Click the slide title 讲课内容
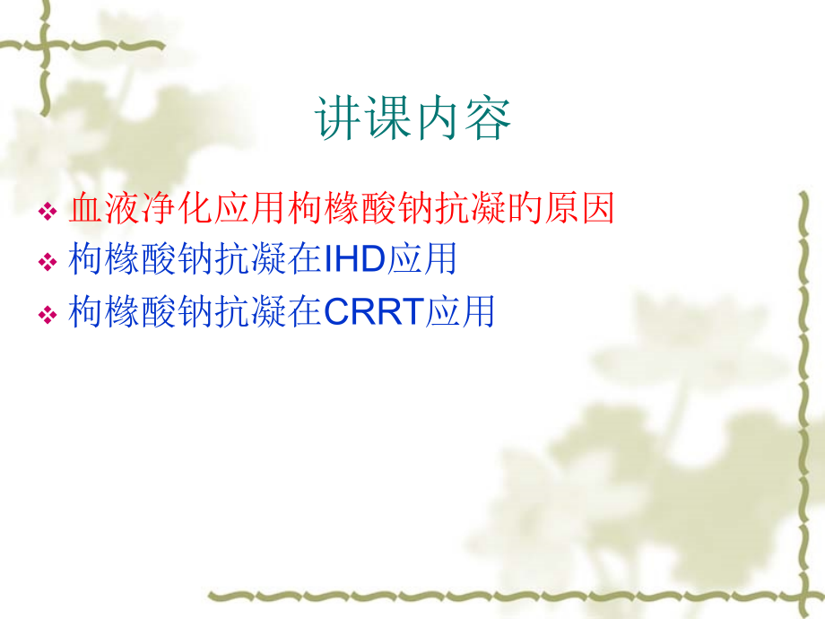[413, 119]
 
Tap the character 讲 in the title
[339, 119]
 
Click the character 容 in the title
[488, 119]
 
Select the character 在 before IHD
[305, 260]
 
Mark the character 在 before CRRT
[305, 311]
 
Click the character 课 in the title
[388, 119]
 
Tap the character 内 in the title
[439, 119]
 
